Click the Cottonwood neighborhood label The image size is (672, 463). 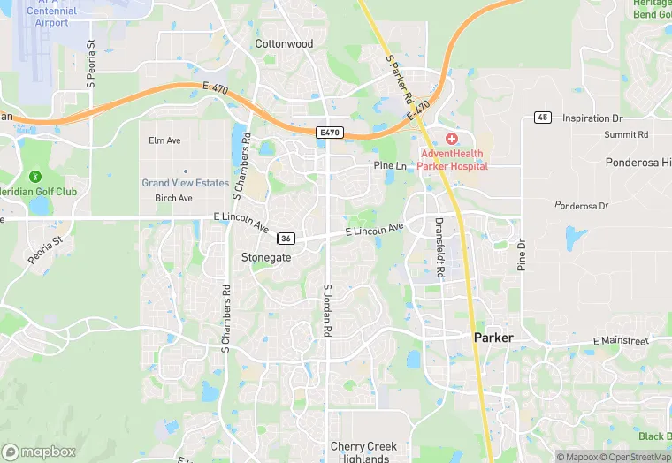coord(285,43)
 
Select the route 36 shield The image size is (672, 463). coord(285,239)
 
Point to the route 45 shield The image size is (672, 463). coord(543,118)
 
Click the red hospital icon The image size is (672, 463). coord(451,139)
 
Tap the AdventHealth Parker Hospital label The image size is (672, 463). coord(454,159)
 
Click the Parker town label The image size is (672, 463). coord(493,338)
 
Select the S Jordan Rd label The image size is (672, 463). coord(327,310)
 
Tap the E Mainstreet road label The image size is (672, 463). coord(621,341)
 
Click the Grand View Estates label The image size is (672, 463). coord(186,183)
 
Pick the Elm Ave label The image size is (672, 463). coord(165,140)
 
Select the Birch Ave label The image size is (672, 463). coord(173,198)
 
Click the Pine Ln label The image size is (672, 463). coord(390,165)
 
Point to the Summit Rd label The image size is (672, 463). coord(626,134)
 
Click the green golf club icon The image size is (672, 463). coord(35,178)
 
